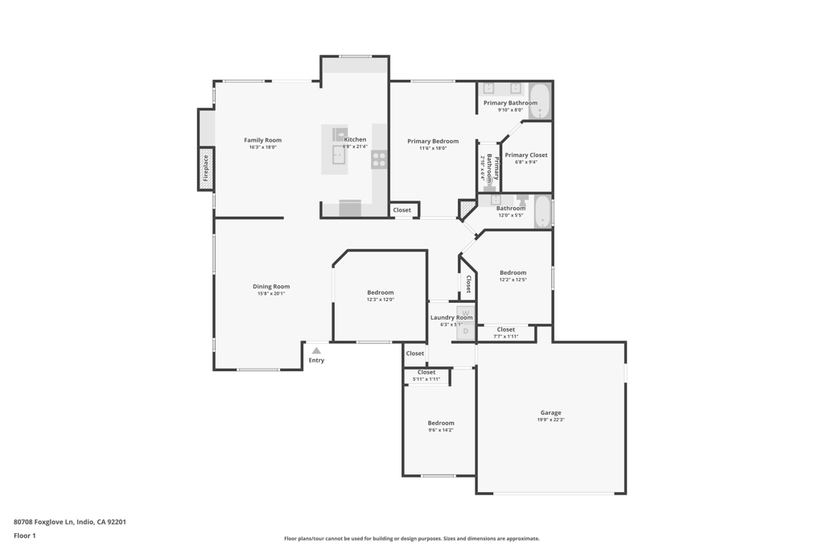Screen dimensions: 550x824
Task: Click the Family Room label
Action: (262, 140)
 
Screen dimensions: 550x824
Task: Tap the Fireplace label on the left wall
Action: (206, 169)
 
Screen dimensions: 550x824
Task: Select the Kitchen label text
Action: (355, 139)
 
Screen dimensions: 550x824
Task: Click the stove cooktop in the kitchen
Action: (378, 159)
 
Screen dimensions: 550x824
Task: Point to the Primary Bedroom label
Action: (433, 141)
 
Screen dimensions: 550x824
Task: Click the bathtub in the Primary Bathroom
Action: (539, 101)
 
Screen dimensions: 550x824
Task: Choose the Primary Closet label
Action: (526, 155)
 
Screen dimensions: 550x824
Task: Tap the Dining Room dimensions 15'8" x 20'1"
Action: (271, 294)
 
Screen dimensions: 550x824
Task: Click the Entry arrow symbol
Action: (316, 350)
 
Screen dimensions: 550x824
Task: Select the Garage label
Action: (550, 412)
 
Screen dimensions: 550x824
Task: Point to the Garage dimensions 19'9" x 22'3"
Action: (550, 420)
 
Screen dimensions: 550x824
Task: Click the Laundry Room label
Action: (451, 317)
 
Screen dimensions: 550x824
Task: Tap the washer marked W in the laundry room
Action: (465, 313)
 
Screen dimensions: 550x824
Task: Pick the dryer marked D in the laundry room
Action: (465, 331)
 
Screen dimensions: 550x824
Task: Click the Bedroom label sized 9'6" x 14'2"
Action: (441, 423)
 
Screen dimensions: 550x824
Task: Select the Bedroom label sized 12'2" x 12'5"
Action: (513, 272)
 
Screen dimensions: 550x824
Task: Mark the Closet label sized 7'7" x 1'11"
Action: (505, 329)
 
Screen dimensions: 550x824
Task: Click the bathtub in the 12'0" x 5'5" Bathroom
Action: (543, 212)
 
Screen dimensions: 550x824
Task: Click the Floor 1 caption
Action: (25, 536)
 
